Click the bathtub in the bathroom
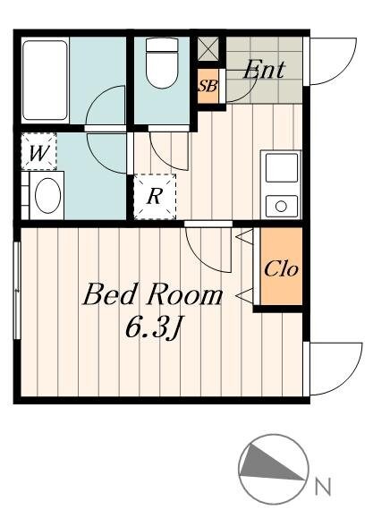click(x=45, y=81)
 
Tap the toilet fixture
click(x=162, y=63)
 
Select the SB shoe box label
click(x=208, y=86)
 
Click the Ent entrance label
click(x=264, y=69)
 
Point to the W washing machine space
click(x=38, y=151)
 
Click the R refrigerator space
click(x=155, y=197)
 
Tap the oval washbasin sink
click(x=48, y=195)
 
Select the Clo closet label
click(x=281, y=269)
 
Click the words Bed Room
click(x=153, y=294)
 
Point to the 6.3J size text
click(x=154, y=327)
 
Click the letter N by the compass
click(x=322, y=487)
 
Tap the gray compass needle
click(x=267, y=463)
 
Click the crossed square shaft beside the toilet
click(x=208, y=48)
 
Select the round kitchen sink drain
click(x=281, y=206)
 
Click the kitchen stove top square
click(x=282, y=167)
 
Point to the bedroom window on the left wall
click(x=17, y=291)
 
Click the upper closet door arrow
click(x=244, y=237)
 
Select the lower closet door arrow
click(x=244, y=295)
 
